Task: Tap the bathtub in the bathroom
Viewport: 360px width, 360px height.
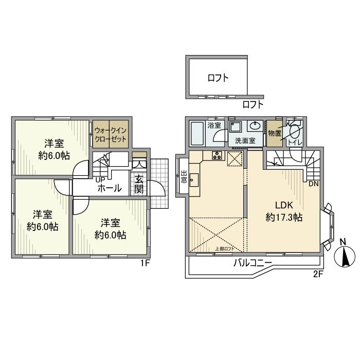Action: [197, 134]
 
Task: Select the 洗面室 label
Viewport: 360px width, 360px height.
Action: [245, 140]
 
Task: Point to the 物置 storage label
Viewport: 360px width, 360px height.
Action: [274, 133]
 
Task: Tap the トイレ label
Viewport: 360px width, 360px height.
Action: [295, 141]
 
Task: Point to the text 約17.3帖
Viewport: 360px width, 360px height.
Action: [284, 218]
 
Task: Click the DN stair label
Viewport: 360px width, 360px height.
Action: [313, 184]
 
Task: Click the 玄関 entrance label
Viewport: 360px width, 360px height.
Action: [139, 184]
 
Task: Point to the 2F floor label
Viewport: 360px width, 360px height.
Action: [317, 274]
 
